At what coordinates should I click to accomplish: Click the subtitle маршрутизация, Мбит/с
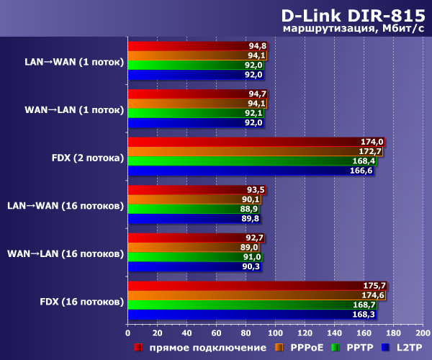tap(354, 29)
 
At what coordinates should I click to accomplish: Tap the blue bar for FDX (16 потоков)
tap(253, 315)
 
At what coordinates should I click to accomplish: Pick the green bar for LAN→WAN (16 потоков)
tap(194, 209)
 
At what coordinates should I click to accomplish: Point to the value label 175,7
tap(375, 286)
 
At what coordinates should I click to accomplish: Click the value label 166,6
tap(361, 171)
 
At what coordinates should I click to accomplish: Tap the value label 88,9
tap(248, 209)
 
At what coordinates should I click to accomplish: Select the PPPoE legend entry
tap(305, 348)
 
